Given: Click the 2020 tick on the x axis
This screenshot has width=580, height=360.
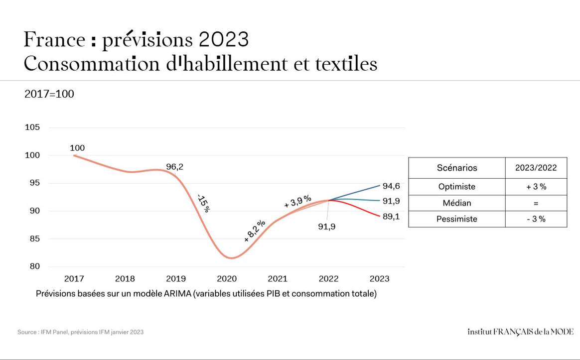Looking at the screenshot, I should click(227, 278).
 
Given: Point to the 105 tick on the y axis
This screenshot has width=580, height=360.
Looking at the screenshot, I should click(32, 127).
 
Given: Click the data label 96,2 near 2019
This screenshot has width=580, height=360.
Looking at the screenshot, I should click(174, 167).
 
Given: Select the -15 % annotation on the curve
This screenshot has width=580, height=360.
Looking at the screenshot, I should click(203, 203).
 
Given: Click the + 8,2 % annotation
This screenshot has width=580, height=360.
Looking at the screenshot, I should click(255, 231).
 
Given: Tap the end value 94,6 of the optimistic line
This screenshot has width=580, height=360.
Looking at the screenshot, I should click(391, 186).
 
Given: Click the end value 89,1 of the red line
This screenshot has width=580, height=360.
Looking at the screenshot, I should click(391, 217).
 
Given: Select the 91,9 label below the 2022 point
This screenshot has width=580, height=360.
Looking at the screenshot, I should click(327, 227).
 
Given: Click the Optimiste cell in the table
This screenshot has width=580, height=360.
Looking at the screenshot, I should click(456, 187).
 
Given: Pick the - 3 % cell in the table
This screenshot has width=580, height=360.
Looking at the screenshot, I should click(536, 219).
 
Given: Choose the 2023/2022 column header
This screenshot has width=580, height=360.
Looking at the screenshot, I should click(536, 168).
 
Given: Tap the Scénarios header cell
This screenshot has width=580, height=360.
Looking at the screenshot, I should click(456, 168).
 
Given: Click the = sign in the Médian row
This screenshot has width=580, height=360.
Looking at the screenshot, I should click(536, 203).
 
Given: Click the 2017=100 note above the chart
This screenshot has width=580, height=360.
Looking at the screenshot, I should click(49, 94).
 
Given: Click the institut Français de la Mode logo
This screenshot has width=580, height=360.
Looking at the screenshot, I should click(520, 332).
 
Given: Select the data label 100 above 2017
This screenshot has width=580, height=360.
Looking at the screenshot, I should click(77, 148).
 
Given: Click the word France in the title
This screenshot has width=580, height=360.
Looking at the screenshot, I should click(54, 40).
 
